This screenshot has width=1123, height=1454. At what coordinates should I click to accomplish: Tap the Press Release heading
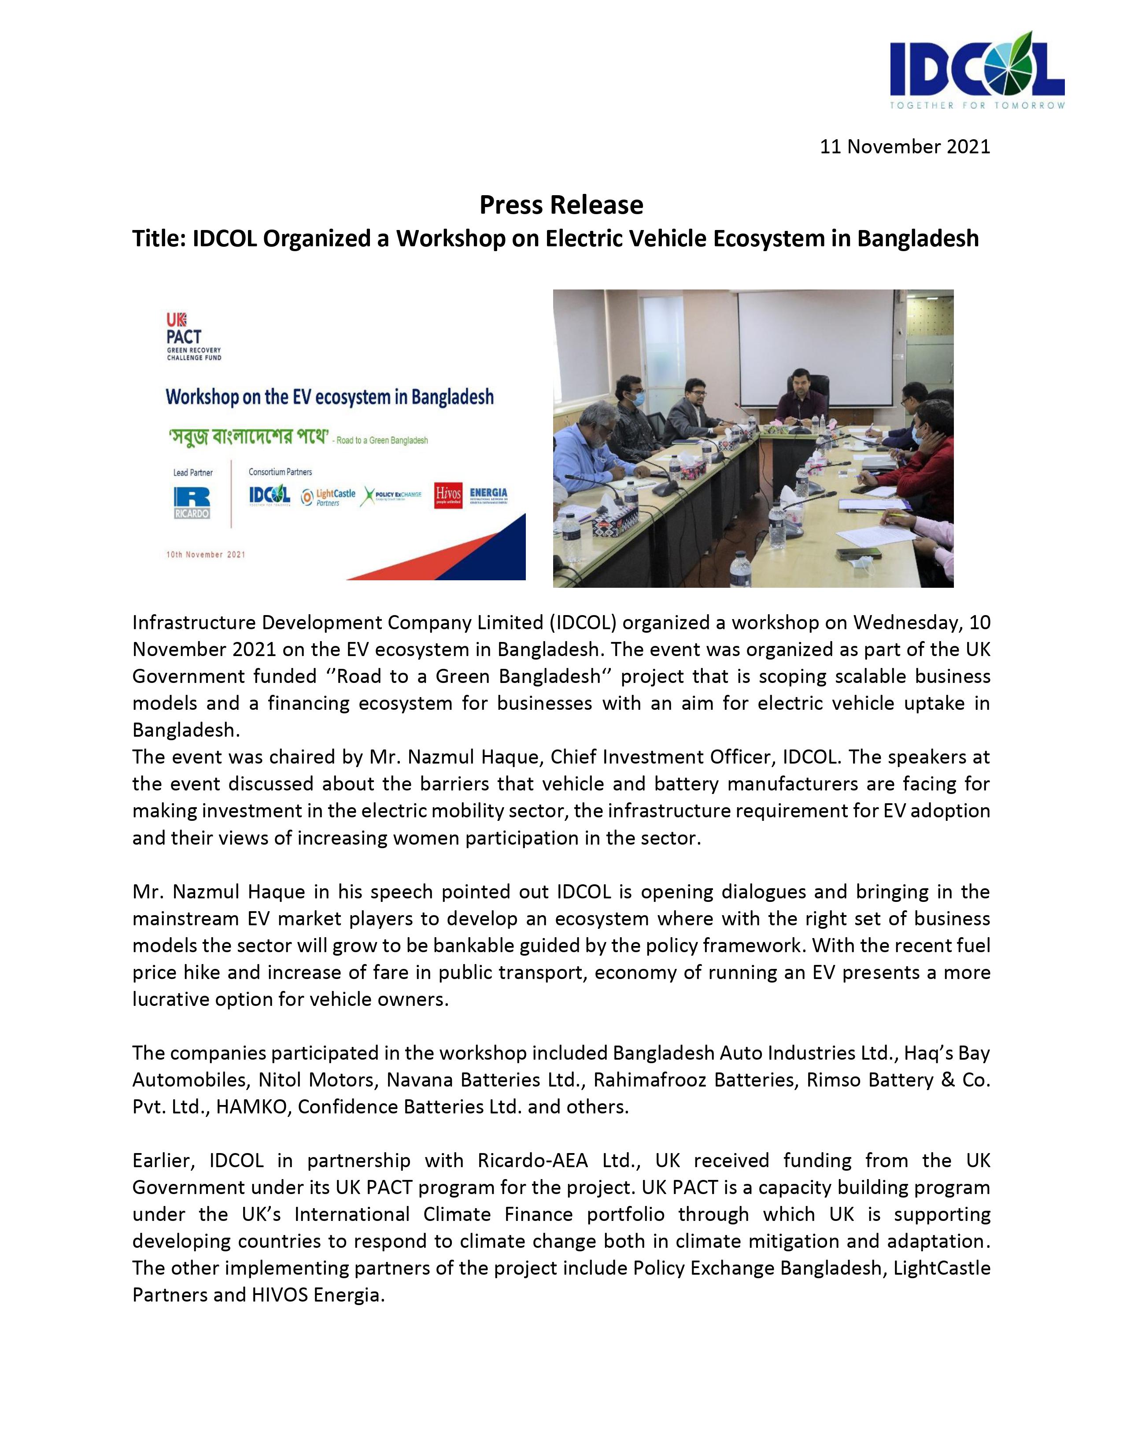[561, 205]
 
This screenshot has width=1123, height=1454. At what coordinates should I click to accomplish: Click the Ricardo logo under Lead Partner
[192, 503]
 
